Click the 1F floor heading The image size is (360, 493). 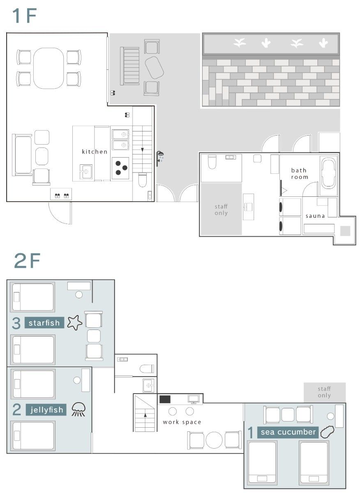pos(24,16)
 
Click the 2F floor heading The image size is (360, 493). pos(27,260)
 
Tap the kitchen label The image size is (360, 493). pos(95,152)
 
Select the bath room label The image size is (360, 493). pos(300,174)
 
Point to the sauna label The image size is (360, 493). pos(315,216)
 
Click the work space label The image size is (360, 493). pos(182,422)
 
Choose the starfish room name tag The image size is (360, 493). pos(44,323)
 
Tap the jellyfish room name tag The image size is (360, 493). pos(46,410)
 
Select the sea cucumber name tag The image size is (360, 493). pos(288,432)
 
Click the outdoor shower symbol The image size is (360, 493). pos(160,158)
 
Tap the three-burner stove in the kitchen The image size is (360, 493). pos(120,168)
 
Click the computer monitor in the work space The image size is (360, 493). pos(194,399)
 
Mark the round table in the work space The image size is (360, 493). pos(214,440)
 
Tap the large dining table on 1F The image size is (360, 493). pos(48,68)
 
